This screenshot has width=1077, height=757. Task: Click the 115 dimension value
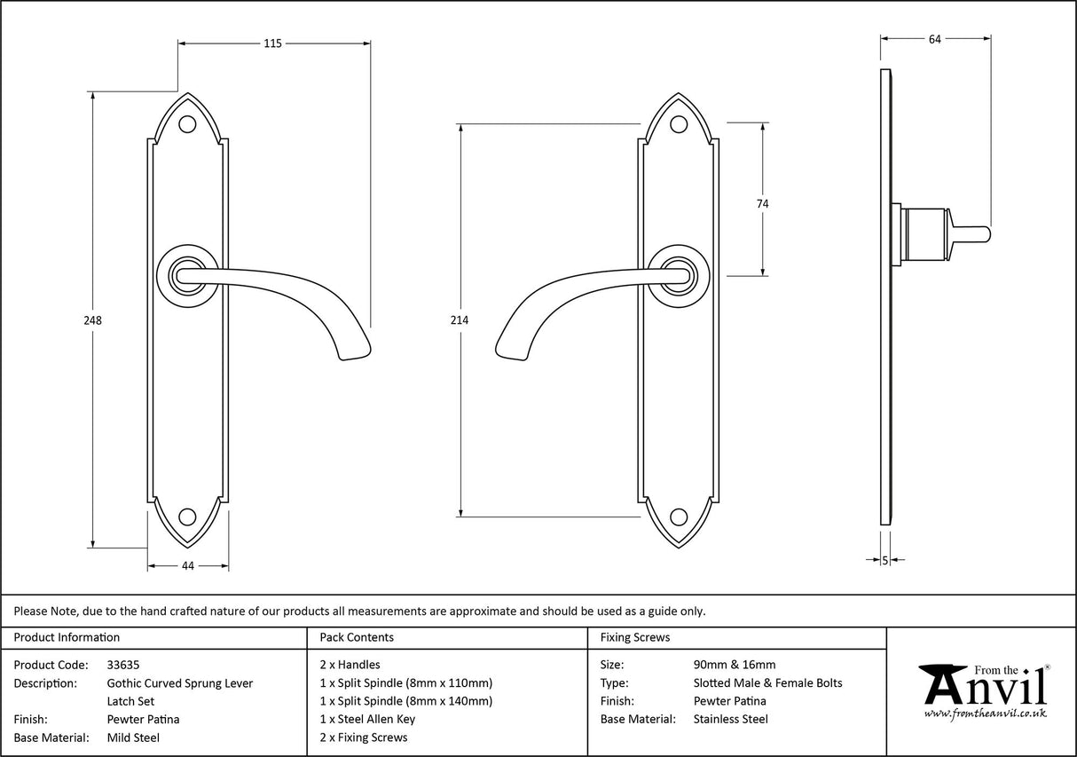272,43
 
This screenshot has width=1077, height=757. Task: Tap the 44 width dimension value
187,566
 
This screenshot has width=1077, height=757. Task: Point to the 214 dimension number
460,320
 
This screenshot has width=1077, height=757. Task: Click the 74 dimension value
762,204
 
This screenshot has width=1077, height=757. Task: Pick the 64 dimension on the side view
934,38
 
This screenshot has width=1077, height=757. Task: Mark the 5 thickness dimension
885,560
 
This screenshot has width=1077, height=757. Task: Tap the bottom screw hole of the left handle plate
187,516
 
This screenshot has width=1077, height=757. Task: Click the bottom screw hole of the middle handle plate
679,516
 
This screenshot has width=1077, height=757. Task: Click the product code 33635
123,665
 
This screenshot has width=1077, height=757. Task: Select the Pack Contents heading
356,637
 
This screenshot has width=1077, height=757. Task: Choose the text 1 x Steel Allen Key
367,720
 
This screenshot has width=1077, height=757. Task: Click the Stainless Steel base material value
730,720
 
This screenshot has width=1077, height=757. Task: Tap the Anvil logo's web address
985,713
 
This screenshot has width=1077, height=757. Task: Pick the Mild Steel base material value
133,737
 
